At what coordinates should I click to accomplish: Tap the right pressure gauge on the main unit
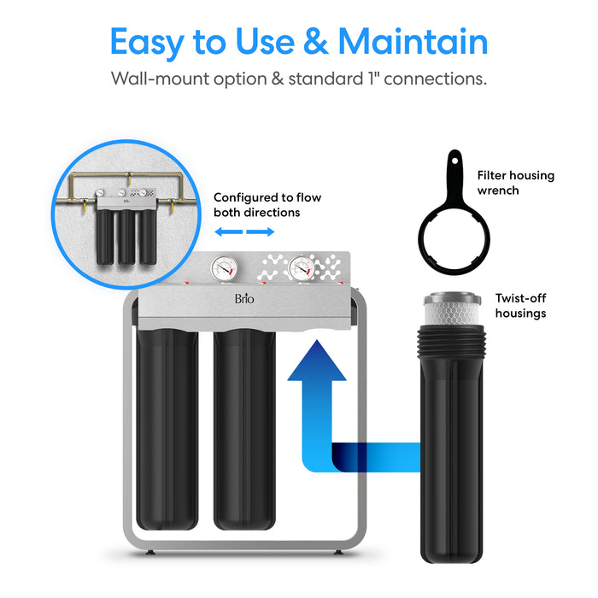tap(300, 267)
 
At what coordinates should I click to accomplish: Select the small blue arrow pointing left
tap(225, 232)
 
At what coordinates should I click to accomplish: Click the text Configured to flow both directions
tap(256, 204)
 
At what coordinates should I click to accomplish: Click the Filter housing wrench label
tap(515, 183)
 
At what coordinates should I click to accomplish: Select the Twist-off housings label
tap(520, 306)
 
